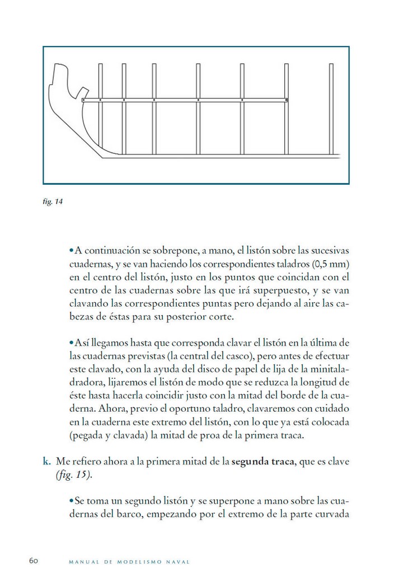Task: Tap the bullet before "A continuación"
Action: pyautogui.click(x=71, y=250)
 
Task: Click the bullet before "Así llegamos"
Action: pyautogui.click(x=71, y=342)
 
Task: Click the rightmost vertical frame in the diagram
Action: pyautogui.click(x=330, y=109)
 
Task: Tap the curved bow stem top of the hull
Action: pyautogui.click(x=56, y=76)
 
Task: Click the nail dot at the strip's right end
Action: pyautogui.click(x=286, y=100)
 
